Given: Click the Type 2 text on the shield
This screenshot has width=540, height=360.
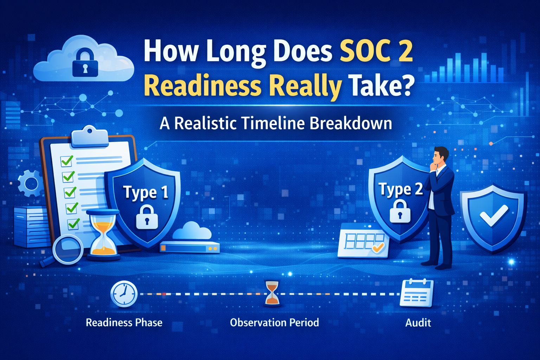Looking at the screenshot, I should [x=400, y=189].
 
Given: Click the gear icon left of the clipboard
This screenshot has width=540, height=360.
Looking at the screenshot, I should [x=30, y=183].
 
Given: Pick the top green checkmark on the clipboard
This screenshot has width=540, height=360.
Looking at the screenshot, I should [x=67, y=160].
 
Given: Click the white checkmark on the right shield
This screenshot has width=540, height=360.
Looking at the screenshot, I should [x=494, y=215].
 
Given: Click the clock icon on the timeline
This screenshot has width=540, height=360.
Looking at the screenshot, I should [x=124, y=294].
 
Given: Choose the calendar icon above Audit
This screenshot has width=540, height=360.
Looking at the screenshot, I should [x=417, y=293].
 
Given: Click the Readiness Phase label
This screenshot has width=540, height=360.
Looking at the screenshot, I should [x=124, y=323].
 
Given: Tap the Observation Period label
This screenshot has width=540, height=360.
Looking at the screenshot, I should [x=274, y=323].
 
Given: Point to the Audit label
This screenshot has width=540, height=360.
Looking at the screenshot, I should [x=418, y=323].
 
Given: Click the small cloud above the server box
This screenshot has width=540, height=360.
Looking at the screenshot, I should [x=192, y=232].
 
